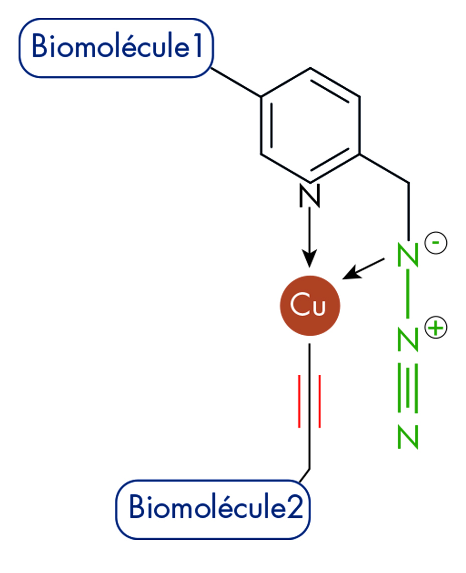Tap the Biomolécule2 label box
(x=213, y=508)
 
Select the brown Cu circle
(x=310, y=305)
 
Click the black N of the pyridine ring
(x=309, y=196)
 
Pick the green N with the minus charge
(x=407, y=255)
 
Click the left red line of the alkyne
(x=300, y=401)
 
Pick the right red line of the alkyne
(x=319, y=401)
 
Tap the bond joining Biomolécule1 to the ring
(x=236, y=81)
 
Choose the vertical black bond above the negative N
(x=409, y=211)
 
